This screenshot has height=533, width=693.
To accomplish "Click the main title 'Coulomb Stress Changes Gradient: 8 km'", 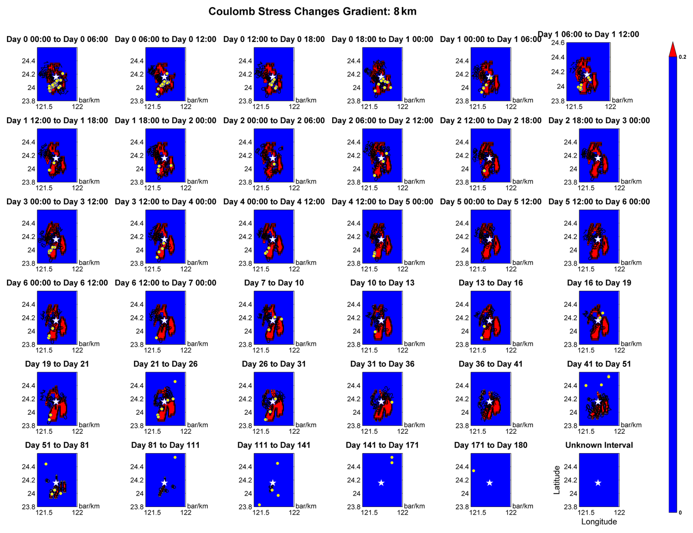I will pos(312,12).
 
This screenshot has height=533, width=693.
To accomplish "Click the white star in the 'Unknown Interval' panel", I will pos(598,483).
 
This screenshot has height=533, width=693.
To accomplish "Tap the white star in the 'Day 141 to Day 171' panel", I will pos(381,483).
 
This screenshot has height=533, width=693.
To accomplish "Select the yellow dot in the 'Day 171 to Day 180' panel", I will pos(474,471).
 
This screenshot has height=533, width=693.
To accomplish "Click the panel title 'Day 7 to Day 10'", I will pos(274,283).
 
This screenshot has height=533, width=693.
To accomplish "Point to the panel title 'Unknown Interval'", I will pos(599,445).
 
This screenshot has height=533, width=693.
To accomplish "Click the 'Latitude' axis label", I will pos(557,480).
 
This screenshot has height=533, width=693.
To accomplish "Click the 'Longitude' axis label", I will pos(599,522).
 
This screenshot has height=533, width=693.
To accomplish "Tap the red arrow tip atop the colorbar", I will pos(672,49).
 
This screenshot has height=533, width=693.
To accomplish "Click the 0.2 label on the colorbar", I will pos(682,57).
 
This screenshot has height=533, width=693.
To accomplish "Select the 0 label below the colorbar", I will pos(680,512).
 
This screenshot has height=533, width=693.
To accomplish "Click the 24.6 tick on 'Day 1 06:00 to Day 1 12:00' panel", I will pos(558,43).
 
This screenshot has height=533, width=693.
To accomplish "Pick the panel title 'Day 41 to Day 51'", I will pos(599,364).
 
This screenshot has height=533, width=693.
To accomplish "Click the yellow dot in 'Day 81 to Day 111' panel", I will pos(175,457).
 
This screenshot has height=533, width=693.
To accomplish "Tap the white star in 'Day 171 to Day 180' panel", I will pos(489,483).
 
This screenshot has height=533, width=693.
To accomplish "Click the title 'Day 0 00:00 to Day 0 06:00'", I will pos(57,40).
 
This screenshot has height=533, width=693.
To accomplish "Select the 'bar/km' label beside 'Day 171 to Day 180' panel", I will pos(523,506).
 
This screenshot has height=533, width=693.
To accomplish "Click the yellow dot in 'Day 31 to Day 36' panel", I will pos(392,402).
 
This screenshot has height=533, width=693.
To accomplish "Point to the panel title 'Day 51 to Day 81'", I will pos(57,445).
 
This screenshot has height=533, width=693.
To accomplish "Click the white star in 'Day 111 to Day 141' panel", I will pos(273,483).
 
